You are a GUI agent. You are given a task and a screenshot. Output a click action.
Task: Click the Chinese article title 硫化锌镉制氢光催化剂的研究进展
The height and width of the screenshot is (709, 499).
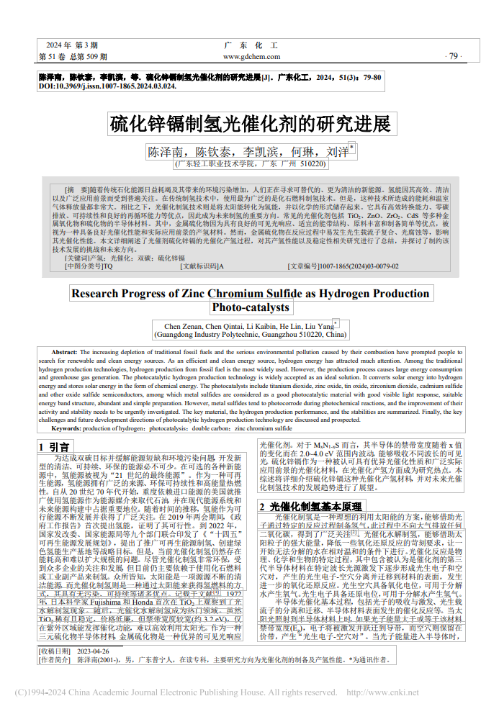(x=249, y=124)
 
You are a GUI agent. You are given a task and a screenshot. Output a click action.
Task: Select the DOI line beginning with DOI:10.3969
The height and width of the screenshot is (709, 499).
(x=107, y=86)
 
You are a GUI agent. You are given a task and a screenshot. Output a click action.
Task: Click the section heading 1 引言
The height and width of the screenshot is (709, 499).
(x=54, y=447)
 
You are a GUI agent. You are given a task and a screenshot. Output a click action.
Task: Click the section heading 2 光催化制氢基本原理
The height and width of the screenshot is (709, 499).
(x=310, y=507)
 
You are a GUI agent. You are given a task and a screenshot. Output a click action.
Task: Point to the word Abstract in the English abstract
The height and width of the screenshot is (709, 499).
(x=65, y=352)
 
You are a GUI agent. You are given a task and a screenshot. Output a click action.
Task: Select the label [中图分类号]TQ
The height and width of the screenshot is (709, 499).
(x=89, y=266)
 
